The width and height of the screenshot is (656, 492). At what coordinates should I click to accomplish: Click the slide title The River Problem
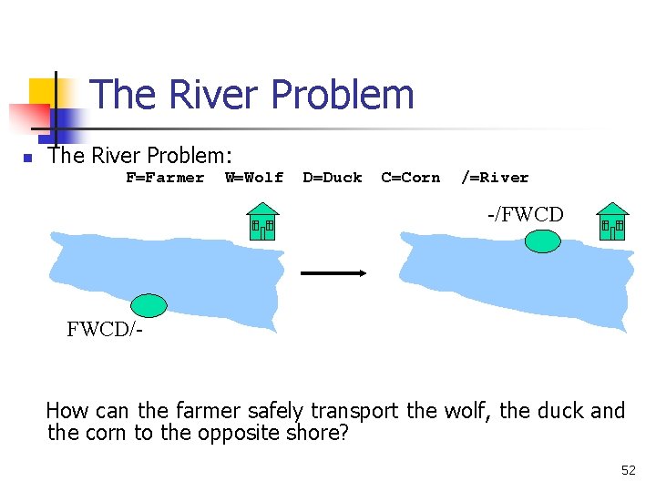(x=252, y=95)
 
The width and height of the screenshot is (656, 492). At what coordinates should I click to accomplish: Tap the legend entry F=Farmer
(x=165, y=178)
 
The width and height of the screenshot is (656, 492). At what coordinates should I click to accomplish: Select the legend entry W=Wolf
(x=254, y=178)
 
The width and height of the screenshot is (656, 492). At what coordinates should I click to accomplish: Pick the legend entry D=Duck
(x=333, y=178)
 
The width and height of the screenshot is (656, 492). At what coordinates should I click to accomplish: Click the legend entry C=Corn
(x=410, y=178)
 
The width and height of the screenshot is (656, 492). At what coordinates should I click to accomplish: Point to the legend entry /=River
(x=495, y=178)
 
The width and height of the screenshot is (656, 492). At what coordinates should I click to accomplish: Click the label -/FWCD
(x=526, y=215)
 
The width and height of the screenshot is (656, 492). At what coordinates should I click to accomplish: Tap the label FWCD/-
(x=104, y=330)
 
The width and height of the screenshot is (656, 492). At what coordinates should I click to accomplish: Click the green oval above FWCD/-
(x=149, y=305)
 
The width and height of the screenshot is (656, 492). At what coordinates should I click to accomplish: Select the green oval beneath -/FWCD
(x=543, y=241)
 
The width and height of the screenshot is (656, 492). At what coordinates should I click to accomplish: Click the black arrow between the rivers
(x=333, y=272)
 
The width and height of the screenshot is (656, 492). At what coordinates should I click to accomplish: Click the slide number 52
(x=628, y=470)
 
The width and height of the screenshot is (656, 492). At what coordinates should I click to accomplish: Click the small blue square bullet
(x=27, y=158)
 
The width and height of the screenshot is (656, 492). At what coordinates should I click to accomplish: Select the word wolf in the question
(x=466, y=411)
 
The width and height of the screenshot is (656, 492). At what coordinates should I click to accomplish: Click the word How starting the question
(x=66, y=411)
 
